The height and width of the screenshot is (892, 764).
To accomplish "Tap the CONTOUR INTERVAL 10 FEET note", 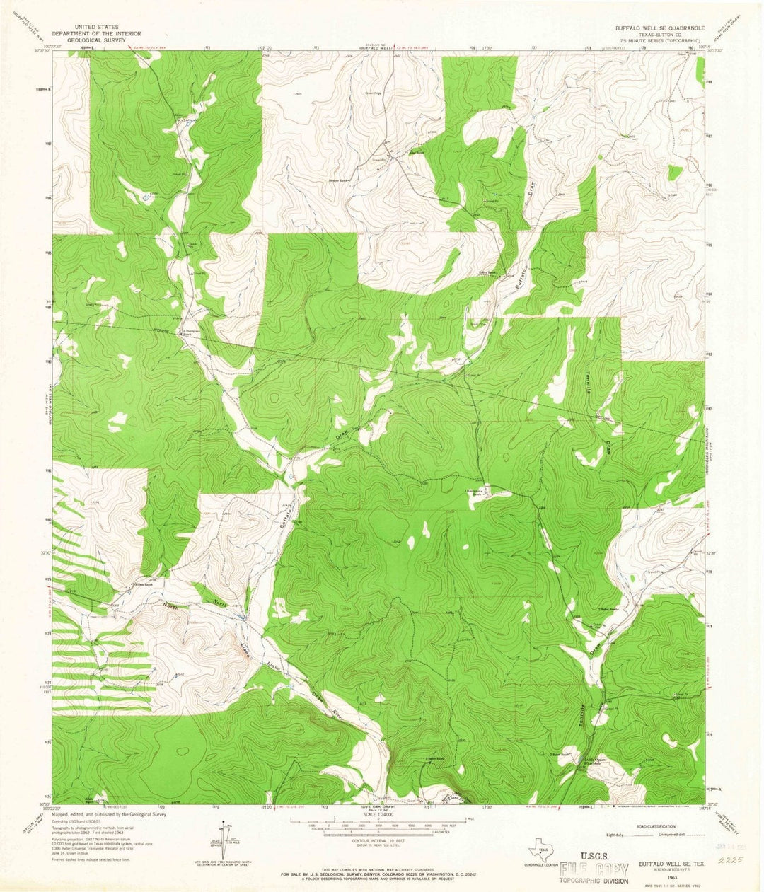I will tap(382, 842).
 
